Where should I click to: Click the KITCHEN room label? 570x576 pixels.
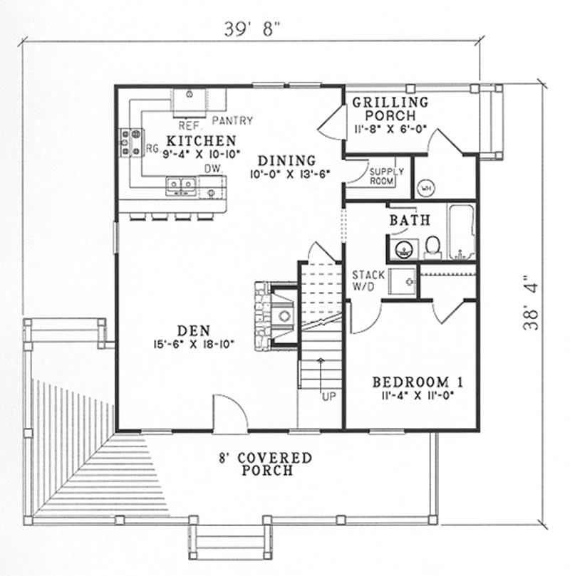click(x=190, y=140)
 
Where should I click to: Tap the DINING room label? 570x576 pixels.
click(x=287, y=160)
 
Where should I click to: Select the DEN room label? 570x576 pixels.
click(x=192, y=331)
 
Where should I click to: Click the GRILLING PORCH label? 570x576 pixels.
click(x=391, y=108)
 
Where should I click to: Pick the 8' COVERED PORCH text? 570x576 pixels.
click(x=266, y=464)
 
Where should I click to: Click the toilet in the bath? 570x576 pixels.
click(x=432, y=246)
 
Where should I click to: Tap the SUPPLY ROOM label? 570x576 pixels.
click(x=385, y=177)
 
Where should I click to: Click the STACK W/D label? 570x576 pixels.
click(x=368, y=280)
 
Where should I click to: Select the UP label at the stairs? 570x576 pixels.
click(x=328, y=395)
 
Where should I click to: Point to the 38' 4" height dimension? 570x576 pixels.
click(x=531, y=303)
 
